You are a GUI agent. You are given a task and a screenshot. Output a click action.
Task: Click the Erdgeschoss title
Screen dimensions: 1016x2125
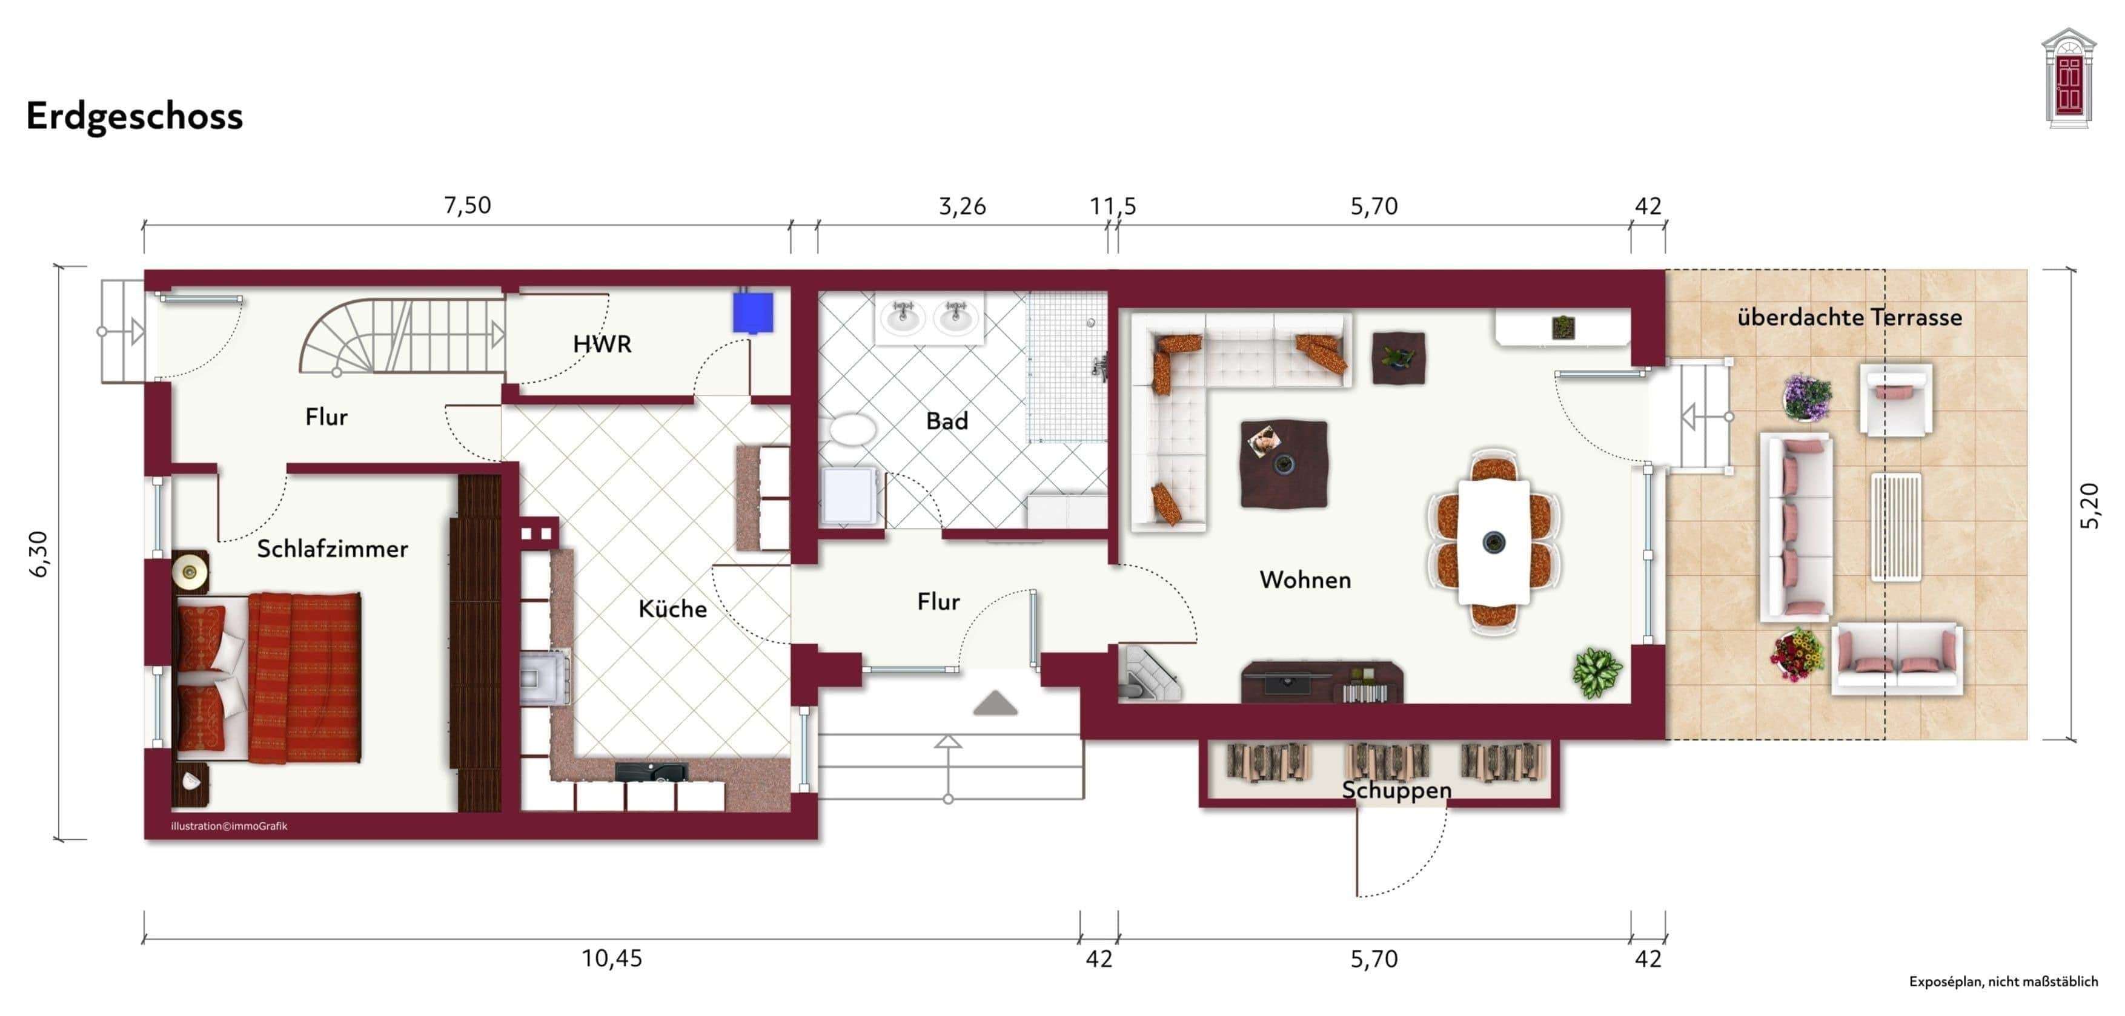pos(134,116)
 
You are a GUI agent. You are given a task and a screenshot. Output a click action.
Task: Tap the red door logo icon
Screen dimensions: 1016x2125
pos(2068,80)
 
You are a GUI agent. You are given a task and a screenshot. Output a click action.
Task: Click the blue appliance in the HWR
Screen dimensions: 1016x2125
pos(752,312)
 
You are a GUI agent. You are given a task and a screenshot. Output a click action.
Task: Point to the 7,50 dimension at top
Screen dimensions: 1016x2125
pos(467,205)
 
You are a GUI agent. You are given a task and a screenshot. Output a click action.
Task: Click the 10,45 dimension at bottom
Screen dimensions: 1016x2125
pos(611,958)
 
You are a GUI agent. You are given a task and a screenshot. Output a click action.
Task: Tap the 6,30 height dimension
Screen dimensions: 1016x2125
pos(39,553)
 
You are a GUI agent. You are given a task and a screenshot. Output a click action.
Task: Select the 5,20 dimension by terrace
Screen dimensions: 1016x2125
pos(2089,505)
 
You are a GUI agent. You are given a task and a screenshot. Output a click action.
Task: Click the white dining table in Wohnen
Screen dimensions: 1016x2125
pos(1493,542)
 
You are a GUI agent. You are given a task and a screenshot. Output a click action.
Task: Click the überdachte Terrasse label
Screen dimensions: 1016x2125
pos(1849,317)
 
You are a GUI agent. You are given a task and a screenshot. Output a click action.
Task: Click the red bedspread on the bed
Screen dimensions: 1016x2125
pos(305,676)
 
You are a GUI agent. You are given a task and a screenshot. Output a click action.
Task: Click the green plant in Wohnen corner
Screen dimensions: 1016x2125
pos(1596,672)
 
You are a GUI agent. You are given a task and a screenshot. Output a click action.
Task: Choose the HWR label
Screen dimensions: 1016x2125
pos(602,345)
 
